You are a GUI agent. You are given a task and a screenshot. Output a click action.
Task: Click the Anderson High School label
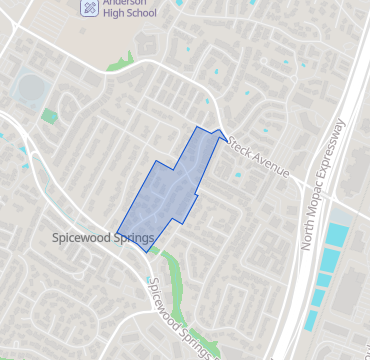coord(130,9)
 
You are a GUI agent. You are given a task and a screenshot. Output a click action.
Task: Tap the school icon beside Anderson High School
coord(90,7)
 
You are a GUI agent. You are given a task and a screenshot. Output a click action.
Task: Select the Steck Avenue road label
coord(257,158)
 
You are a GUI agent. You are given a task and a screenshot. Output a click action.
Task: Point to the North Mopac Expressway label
coord(322,184)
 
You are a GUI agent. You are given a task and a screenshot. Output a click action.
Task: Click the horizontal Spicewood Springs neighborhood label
coord(103,238)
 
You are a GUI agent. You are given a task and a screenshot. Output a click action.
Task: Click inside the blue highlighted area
coord(170,190)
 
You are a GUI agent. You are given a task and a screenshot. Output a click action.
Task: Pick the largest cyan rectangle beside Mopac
coord(337,240)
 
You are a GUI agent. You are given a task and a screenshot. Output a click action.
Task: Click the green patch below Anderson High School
coord(122,62)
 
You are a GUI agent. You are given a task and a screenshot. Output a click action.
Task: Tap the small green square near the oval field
coord(49,116)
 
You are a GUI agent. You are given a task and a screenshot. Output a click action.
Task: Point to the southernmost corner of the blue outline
coord(148,252)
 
